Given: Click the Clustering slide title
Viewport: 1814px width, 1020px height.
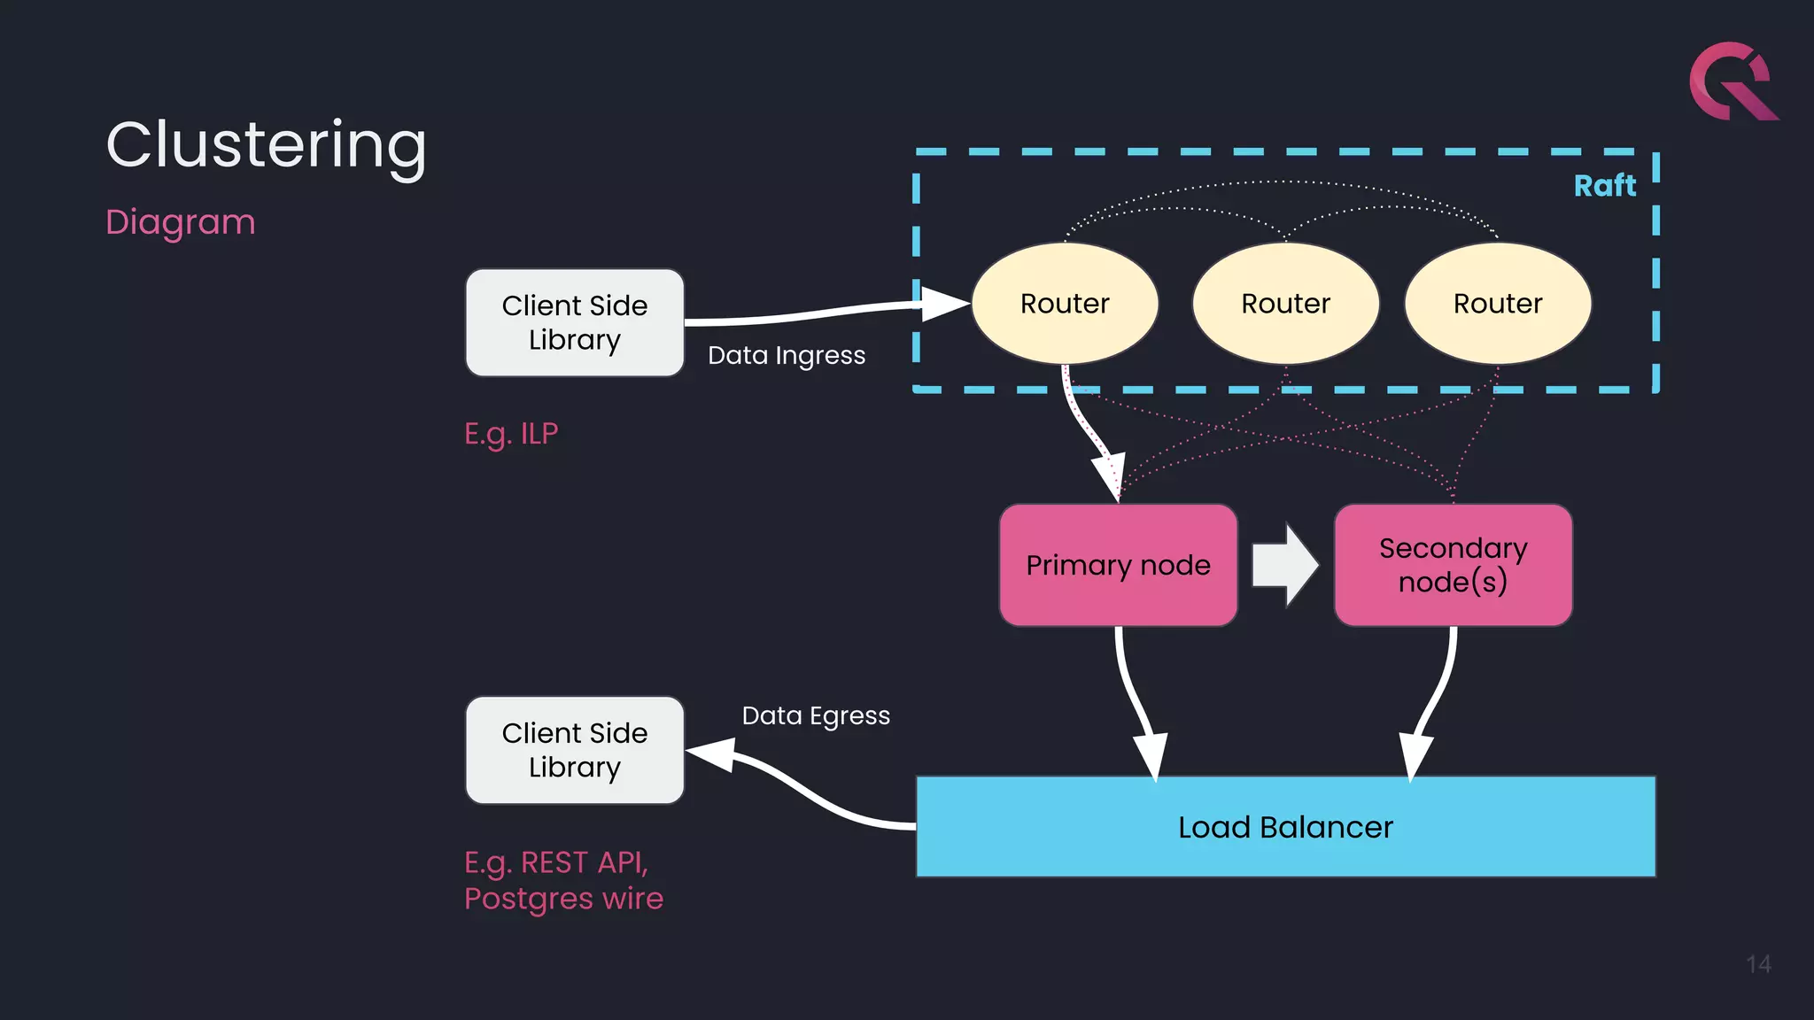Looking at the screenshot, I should pyautogui.click(x=266, y=144).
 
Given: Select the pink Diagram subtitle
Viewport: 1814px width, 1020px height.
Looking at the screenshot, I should pyautogui.click(x=180, y=221).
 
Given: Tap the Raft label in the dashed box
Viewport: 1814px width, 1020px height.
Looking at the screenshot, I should pyautogui.click(x=1604, y=186).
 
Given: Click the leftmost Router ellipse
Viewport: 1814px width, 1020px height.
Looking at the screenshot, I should pyautogui.click(x=1065, y=304).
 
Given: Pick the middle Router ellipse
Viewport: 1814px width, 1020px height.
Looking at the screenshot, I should pyautogui.click(x=1285, y=304).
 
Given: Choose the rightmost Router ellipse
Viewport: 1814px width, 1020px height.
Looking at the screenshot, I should pyautogui.click(x=1498, y=304).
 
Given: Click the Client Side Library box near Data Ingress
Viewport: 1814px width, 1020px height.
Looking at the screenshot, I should pyautogui.click(x=575, y=322).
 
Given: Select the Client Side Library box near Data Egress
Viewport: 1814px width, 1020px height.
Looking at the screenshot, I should pyautogui.click(x=575, y=750).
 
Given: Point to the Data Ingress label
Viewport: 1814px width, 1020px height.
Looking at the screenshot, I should pyautogui.click(x=787, y=355).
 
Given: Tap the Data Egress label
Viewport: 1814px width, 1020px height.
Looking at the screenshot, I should pyautogui.click(x=816, y=715).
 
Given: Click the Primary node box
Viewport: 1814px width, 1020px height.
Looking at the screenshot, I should pyautogui.click(x=1118, y=565).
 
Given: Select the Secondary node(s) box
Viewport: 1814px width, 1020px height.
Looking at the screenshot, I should pyautogui.click(x=1453, y=565).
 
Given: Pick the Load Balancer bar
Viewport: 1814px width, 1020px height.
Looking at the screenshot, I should pyautogui.click(x=1285, y=827).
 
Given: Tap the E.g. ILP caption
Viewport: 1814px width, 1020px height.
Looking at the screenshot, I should pyautogui.click(x=511, y=434).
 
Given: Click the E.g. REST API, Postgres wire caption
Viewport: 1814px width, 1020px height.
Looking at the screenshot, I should pyautogui.click(x=563, y=880).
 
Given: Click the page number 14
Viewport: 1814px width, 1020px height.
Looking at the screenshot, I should pyautogui.click(x=1758, y=964).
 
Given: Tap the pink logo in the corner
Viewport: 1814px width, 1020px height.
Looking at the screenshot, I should pyautogui.click(x=1732, y=81).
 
